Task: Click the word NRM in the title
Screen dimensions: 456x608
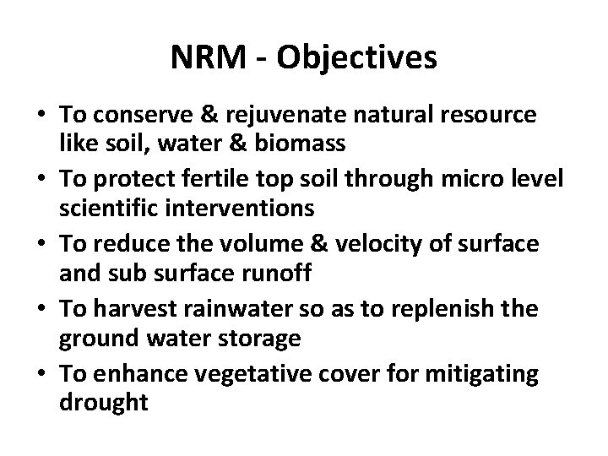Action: tap(209, 57)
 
